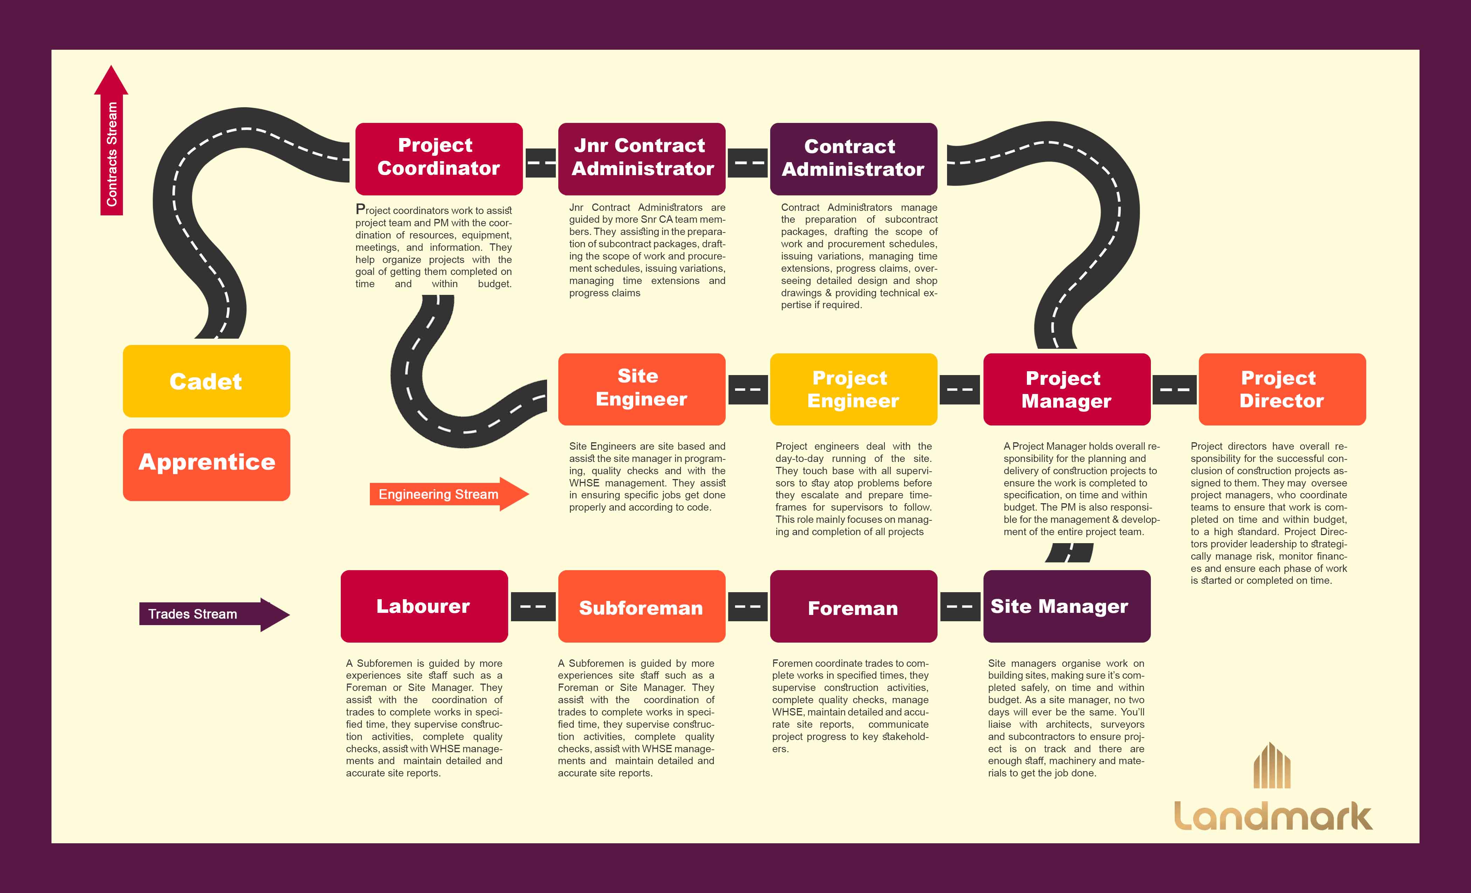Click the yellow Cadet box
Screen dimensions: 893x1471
pyautogui.click(x=206, y=381)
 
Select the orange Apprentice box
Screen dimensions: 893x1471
pyautogui.click(x=206, y=464)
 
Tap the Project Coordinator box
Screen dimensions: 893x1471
pyautogui.click(x=439, y=159)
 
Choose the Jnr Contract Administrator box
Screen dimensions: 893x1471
pyautogui.click(x=642, y=159)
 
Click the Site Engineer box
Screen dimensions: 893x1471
pyautogui.click(x=642, y=389)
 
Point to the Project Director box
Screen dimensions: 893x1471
pyautogui.click(x=1282, y=389)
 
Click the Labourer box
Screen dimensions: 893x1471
pyautogui.click(x=424, y=606)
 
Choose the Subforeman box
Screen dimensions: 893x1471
pyautogui.click(x=642, y=606)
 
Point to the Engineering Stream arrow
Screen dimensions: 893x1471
pyautogui.click(x=448, y=494)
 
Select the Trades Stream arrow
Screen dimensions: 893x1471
pyautogui.click(x=212, y=614)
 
